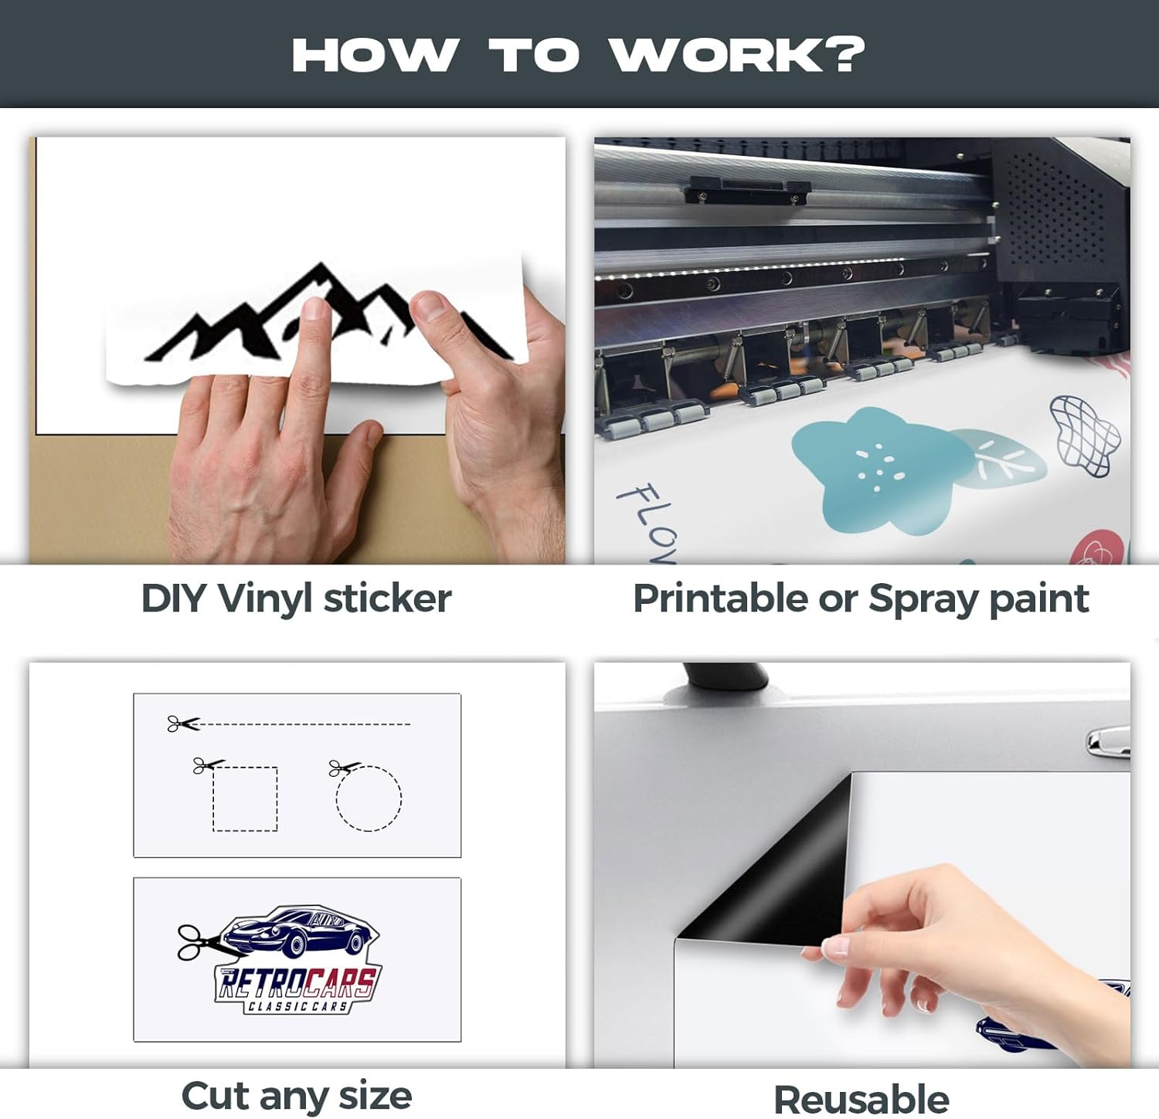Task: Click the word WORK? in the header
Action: pyautogui.click(x=737, y=55)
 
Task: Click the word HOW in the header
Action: pyautogui.click(x=375, y=55)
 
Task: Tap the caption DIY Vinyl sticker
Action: pyautogui.click(x=296, y=598)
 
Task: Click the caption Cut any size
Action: pyautogui.click(x=296, y=1096)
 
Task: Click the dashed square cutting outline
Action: pyautogui.click(x=245, y=799)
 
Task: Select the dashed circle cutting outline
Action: pyautogui.click(x=369, y=798)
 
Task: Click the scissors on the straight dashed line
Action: pyautogui.click(x=182, y=724)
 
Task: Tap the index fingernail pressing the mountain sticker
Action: pyautogui.click(x=314, y=310)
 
